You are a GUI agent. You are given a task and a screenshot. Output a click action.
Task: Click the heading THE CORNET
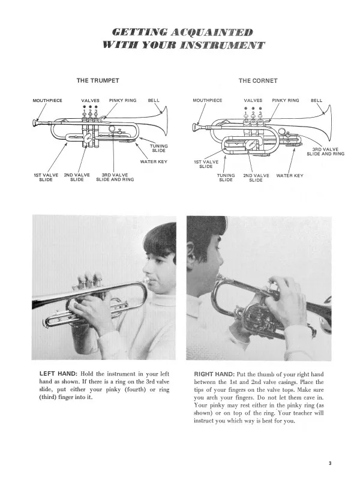click(x=258, y=80)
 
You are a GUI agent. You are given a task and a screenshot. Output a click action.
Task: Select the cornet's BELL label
click(x=316, y=100)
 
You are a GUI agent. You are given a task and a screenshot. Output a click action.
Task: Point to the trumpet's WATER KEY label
click(x=154, y=161)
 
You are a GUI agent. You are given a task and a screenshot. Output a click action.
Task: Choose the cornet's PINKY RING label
click(x=287, y=100)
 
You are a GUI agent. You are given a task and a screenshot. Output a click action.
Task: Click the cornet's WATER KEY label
click(x=290, y=175)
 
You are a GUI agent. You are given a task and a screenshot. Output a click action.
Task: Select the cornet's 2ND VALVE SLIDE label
click(x=256, y=178)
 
